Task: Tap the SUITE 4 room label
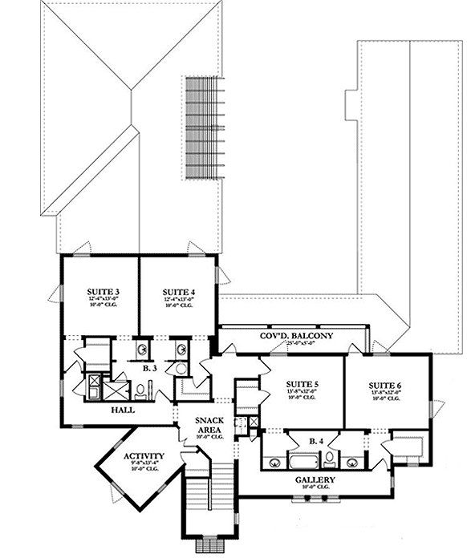[178, 290]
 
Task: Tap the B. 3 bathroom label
[151, 369]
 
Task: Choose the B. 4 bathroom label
[316, 440]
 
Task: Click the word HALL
[123, 410]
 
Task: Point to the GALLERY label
[315, 479]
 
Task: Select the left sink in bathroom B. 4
[274, 462]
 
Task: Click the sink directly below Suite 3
[143, 350]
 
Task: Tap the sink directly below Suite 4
[181, 350]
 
